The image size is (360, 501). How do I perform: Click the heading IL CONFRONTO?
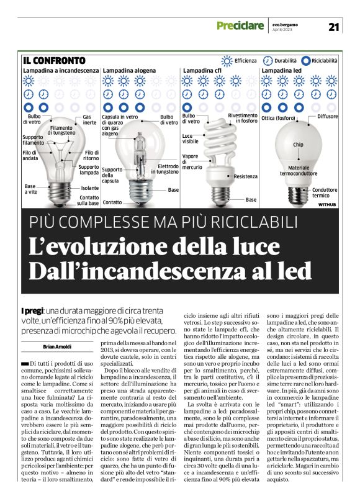pos(54,61)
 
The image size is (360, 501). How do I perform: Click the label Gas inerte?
pos(90,120)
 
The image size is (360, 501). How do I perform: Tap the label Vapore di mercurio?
pos(192,161)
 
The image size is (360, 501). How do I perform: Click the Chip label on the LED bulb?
pos(298,144)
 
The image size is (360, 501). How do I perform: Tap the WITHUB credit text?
pos(326,204)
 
